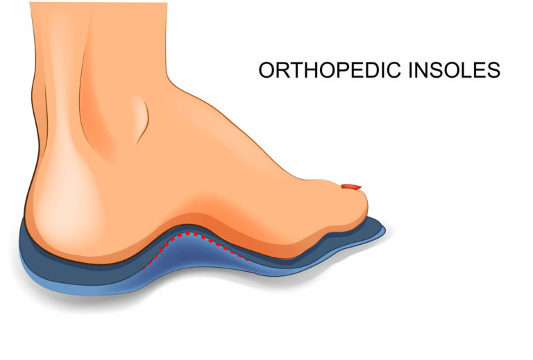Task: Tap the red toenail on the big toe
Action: click(x=352, y=186)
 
